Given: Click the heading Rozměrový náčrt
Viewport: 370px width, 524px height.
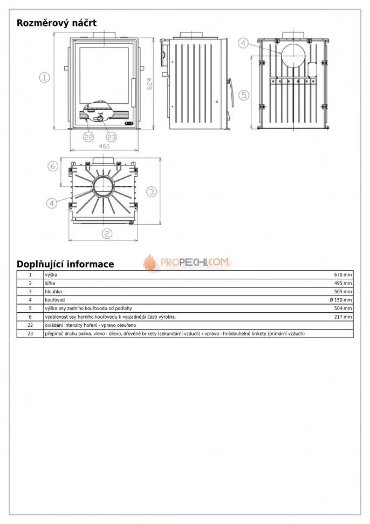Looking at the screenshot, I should pyautogui.click(x=57, y=23).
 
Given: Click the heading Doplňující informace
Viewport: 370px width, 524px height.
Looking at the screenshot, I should pyautogui.click(x=65, y=264).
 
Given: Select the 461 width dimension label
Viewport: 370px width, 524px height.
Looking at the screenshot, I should pyautogui.click(x=105, y=146).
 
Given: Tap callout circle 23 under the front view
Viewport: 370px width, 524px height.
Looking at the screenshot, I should pyautogui.click(x=111, y=137).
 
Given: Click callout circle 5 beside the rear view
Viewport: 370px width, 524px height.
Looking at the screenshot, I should pyautogui.click(x=244, y=95).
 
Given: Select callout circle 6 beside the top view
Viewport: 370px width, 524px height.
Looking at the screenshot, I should pyautogui.click(x=52, y=166).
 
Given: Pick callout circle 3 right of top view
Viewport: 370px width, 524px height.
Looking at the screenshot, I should pyautogui.click(x=152, y=191).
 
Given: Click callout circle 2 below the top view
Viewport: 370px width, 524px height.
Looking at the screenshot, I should pyautogui.click(x=107, y=233).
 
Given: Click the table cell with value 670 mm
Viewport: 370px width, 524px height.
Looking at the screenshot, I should pyautogui.click(x=342, y=275).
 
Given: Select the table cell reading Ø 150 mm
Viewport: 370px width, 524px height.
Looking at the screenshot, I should pyautogui.click(x=340, y=300).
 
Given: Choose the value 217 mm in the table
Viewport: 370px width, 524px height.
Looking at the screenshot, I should pyautogui.click(x=342, y=317).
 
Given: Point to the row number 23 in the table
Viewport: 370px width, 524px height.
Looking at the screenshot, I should pyautogui.click(x=30, y=333).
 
